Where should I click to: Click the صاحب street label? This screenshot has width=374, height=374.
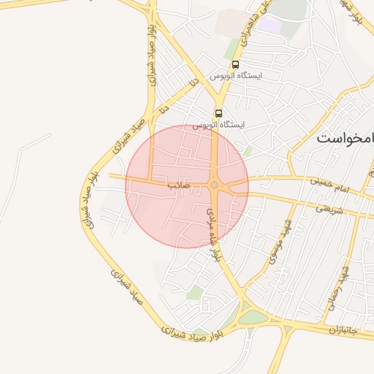[179, 186]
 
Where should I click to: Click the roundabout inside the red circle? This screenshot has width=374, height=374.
[214, 186]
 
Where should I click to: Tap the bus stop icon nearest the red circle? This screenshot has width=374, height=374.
[218, 112]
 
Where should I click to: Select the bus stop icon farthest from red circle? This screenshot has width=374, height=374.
[234, 64]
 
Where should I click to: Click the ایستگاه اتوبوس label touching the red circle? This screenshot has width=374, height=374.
[218, 125]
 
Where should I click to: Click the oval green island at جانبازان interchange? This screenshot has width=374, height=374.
[253, 318]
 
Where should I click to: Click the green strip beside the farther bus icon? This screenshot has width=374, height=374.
[232, 47]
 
